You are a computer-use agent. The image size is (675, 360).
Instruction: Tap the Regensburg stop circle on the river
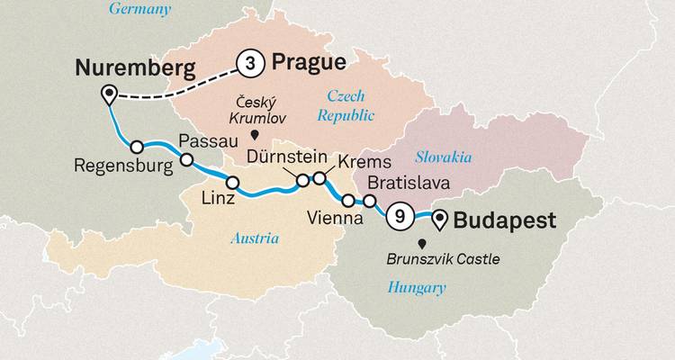click(x=137, y=147)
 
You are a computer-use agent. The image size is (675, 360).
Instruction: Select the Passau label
click(x=208, y=141)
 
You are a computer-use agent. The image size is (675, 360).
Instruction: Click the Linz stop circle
click(x=232, y=183)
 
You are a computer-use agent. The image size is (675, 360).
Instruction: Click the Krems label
click(x=364, y=163)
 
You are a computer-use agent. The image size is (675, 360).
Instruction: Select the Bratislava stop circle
click(x=369, y=200)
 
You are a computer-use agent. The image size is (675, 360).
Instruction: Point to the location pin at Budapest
click(x=439, y=218)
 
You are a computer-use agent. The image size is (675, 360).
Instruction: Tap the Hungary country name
click(x=416, y=288)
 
